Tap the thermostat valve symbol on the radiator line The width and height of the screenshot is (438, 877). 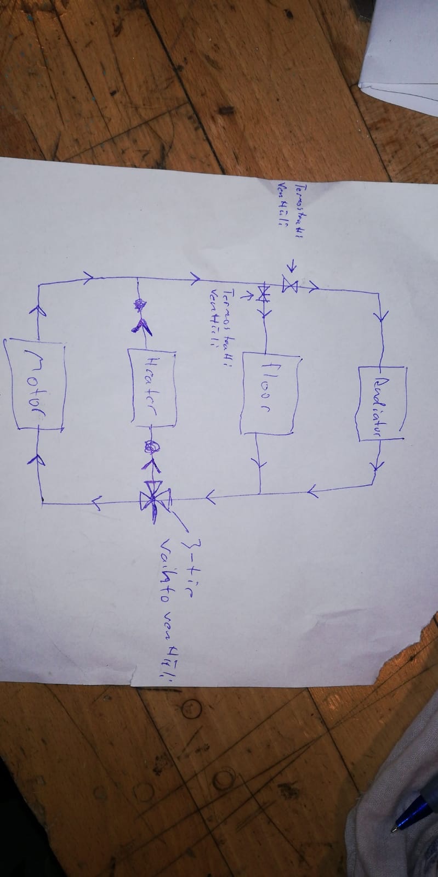click(290, 285)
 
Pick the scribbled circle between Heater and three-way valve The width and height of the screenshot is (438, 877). click(150, 448)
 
